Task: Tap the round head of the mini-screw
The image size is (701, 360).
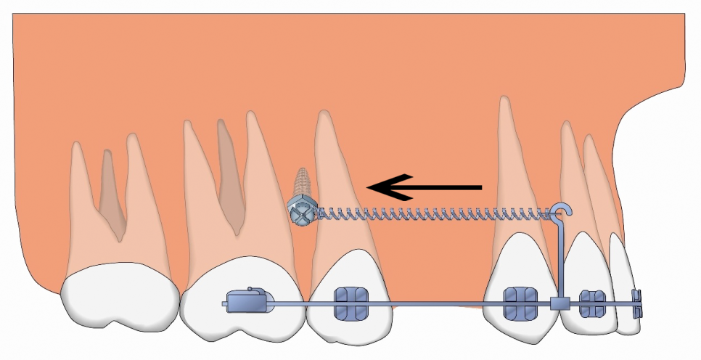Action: point(300,210)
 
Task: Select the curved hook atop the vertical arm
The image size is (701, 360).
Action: point(560,210)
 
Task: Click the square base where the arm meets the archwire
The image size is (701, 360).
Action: point(560,303)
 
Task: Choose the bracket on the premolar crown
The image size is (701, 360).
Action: point(345,302)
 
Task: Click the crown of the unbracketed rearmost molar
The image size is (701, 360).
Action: point(120,298)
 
